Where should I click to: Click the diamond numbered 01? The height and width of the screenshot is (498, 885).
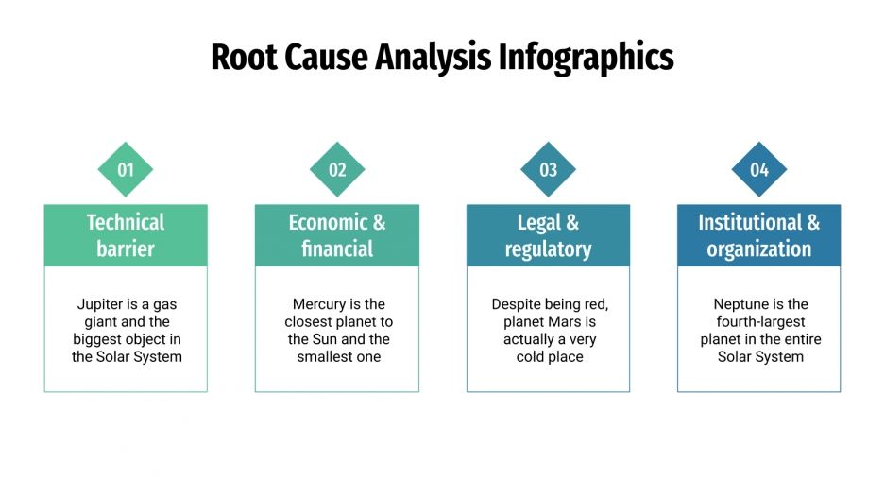tap(126, 170)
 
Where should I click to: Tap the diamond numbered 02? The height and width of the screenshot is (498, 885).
tap(337, 170)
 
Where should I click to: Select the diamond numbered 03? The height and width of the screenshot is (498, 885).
tap(548, 170)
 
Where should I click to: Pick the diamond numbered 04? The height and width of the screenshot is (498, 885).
tap(759, 170)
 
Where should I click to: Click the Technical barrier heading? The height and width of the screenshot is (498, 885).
tap(126, 235)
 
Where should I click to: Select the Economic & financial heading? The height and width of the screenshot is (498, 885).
tap(337, 235)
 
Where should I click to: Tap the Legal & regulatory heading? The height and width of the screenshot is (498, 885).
tap(548, 235)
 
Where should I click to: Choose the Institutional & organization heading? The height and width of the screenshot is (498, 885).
tap(759, 235)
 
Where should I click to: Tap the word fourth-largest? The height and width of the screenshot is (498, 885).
tap(760, 322)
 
